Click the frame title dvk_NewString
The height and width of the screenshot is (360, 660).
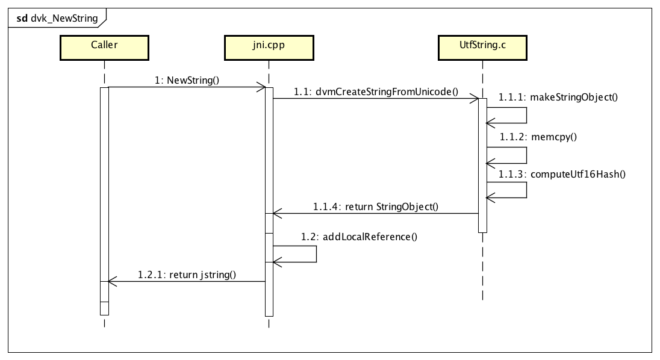57,18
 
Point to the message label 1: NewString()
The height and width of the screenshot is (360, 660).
187,80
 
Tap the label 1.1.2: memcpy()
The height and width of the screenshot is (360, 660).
537,136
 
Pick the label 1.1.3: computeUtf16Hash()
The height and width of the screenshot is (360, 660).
562,174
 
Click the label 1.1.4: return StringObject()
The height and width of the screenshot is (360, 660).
375,206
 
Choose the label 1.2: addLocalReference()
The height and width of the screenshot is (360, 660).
360,237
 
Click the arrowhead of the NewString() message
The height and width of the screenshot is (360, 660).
262,87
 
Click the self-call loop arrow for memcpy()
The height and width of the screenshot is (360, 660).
526,155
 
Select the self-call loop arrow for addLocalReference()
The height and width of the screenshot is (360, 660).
316,254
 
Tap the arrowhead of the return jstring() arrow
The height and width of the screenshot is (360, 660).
111,281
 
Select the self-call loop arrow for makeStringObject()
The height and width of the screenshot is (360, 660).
526,116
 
